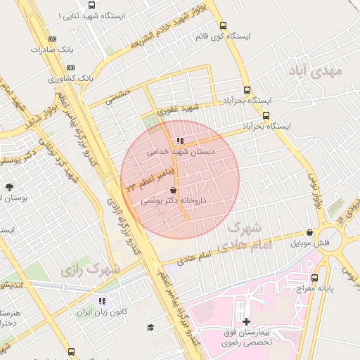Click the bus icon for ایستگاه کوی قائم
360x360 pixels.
(223, 25)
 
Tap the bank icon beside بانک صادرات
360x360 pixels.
(51, 39)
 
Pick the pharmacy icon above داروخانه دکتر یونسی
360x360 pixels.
(174, 191)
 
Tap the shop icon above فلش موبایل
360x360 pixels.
(310, 233)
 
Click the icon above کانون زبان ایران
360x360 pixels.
(101, 301)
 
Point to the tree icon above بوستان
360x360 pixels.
(9, 187)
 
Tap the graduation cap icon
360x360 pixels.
(150, 327)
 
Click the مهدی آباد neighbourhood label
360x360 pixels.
(314, 70)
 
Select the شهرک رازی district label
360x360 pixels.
(90, 269)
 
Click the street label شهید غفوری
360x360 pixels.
(181, 109)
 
